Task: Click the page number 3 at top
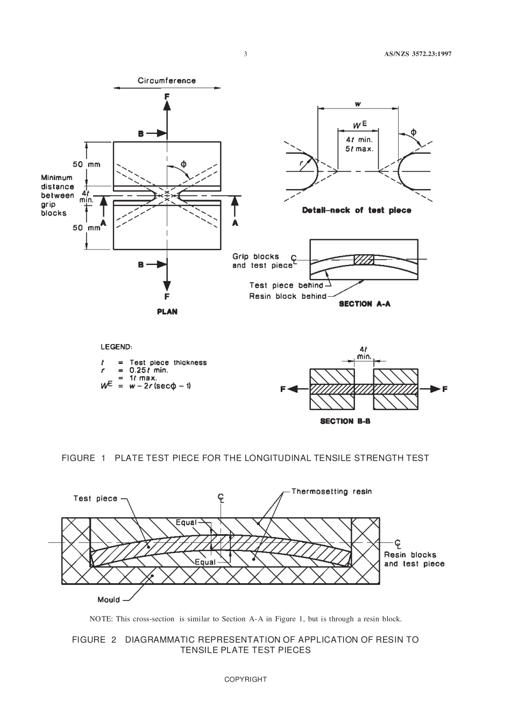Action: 245,54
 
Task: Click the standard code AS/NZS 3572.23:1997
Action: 417,54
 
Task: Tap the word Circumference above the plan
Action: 167,81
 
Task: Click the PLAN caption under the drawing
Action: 167,312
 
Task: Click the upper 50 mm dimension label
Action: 87,164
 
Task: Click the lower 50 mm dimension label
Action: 87,228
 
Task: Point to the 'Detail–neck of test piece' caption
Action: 357,210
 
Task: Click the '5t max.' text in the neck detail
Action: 359,148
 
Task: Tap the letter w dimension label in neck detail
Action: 358,103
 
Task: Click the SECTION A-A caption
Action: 364,304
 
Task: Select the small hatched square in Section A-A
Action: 364,259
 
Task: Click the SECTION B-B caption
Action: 345,421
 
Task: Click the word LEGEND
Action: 117,347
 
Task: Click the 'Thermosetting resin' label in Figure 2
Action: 331,491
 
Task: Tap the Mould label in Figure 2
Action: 109,600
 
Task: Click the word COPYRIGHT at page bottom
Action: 245,679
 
